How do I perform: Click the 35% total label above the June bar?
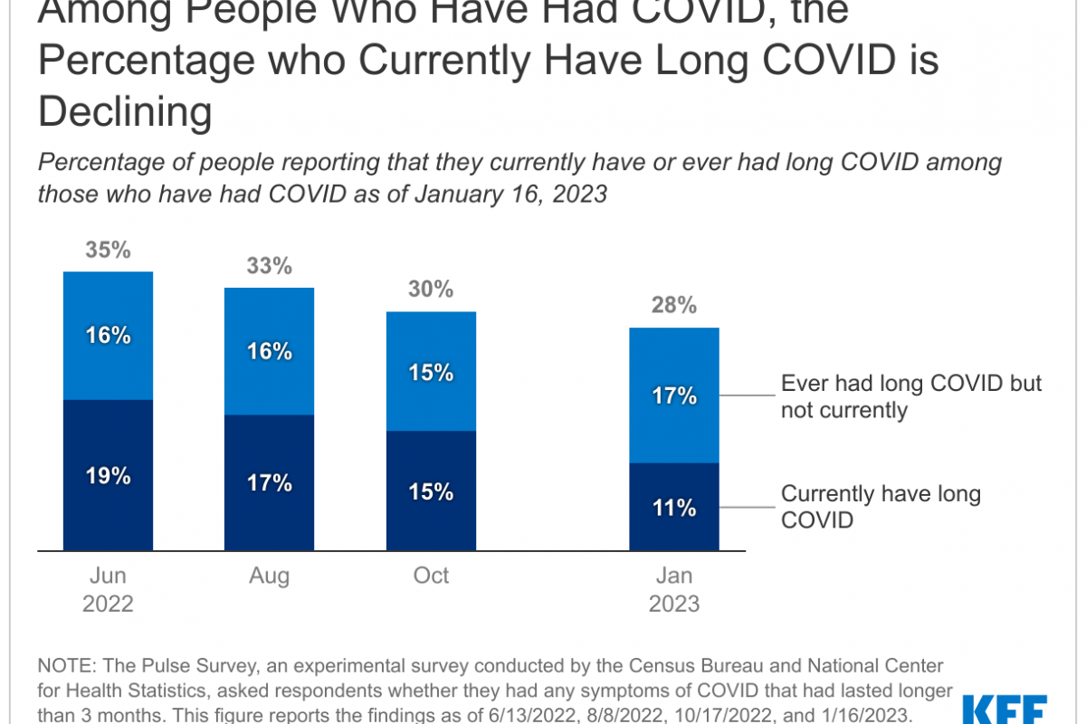point(108,250)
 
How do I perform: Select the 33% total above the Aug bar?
point(269,266)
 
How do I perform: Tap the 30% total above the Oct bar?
point(430,290)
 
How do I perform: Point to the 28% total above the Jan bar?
point(674,306)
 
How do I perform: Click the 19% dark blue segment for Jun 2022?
point(108,475)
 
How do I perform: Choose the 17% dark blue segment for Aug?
point(269,483)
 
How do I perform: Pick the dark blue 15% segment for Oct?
point(430,491)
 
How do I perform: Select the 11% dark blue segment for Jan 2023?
point(674,508)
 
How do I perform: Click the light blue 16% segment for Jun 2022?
point(108,336)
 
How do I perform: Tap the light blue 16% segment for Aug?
point(269,351)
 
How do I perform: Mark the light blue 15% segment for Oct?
point(430,372)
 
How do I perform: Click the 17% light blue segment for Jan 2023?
point(674,395)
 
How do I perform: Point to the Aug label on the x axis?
point(269,576)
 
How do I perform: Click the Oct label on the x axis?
point(431,576)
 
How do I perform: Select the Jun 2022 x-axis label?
point(108,590)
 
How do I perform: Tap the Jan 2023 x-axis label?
point(674,590)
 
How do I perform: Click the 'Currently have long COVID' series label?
point(881,507)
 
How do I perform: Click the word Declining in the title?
point(125,113)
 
